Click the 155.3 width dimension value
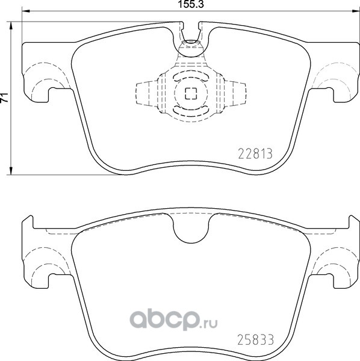click(x=191, y=4)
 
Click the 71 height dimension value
click(x=4, y=98)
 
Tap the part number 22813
click(x=255, y=153)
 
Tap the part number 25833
click(x=255, y=339)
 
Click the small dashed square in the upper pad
click(x=191, y=93)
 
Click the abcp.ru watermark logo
click(x=173, y=320)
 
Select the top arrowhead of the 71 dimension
click(x=11, y=26)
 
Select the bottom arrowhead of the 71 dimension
click(x=11, y=171)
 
